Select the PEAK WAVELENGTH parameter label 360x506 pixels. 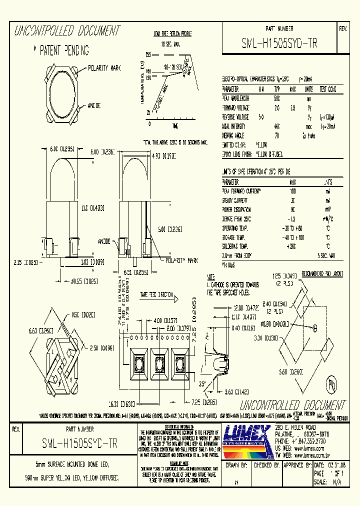(236, 98)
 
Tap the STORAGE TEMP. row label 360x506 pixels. (235, 237)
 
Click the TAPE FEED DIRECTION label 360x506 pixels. (156, 295)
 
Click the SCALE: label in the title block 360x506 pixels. (319, 482)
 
